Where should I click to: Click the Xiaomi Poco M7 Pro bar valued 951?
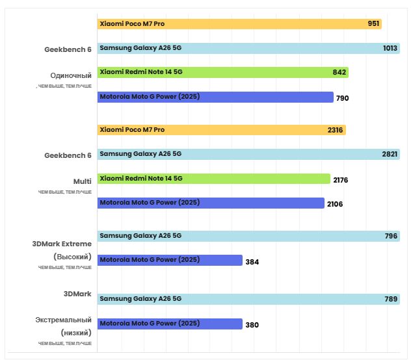(239, 23)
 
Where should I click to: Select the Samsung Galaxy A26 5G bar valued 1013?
(248, 48)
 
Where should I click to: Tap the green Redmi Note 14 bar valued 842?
(222, 73)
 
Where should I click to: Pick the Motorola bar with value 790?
(215, 97)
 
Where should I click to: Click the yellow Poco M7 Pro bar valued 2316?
(221, 130)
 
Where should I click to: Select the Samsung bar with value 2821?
(248, 154)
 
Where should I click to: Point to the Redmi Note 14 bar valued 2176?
(214, 179)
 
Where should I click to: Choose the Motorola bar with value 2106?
(211, 203)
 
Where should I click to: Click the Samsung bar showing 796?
(248, 236)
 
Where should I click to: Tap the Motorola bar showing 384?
(170, 261)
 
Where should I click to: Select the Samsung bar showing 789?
(248, 299)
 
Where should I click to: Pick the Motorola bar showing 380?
(170, 324)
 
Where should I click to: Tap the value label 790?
(343, 98)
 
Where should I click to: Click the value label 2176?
(340, 179)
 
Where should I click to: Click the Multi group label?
(82, 181)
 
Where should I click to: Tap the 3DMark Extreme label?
(62, 244)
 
